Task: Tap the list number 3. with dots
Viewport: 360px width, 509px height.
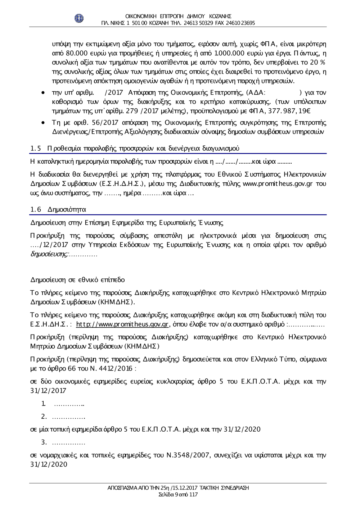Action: click(45, 442)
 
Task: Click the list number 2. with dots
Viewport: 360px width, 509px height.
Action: click(45, 417)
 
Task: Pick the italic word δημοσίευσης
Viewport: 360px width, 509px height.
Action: click(49, 254)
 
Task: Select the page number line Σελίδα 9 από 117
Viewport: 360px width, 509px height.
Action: click(178, 494)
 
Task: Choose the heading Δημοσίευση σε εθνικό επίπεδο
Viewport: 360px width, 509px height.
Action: click(78, 280)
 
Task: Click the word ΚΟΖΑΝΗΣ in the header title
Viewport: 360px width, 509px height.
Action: click(219, 16)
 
